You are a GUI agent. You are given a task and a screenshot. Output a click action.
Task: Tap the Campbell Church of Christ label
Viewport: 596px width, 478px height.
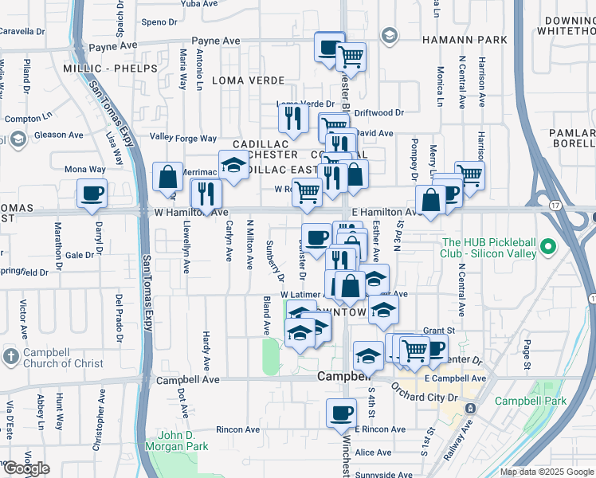click(63, 358)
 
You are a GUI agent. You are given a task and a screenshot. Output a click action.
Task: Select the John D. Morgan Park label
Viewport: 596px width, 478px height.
click(182, 441)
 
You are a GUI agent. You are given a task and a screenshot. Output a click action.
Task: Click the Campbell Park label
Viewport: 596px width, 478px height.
click(530, 401)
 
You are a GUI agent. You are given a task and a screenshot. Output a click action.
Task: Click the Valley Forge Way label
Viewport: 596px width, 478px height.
click(183, 139)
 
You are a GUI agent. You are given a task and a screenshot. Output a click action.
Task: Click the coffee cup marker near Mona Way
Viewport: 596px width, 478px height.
click(92, 194)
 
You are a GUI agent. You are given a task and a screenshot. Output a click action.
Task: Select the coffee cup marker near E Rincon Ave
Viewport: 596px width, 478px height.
click(341, 414)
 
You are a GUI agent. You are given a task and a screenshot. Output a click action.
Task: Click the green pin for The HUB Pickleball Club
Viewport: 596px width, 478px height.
click(548, 247)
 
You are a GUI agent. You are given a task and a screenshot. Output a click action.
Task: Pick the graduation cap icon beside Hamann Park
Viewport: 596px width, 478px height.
click(389, 35)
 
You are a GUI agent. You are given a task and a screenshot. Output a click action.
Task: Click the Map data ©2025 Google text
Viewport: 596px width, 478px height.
click(545, 472)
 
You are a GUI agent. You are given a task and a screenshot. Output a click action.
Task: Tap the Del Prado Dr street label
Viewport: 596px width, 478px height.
click(119, 318)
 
